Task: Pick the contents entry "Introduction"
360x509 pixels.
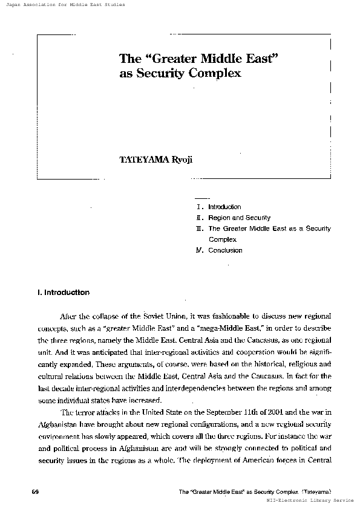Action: [224, 207]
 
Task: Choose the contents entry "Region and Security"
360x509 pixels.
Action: [239, 218]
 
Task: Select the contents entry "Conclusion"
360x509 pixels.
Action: [225, 250]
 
